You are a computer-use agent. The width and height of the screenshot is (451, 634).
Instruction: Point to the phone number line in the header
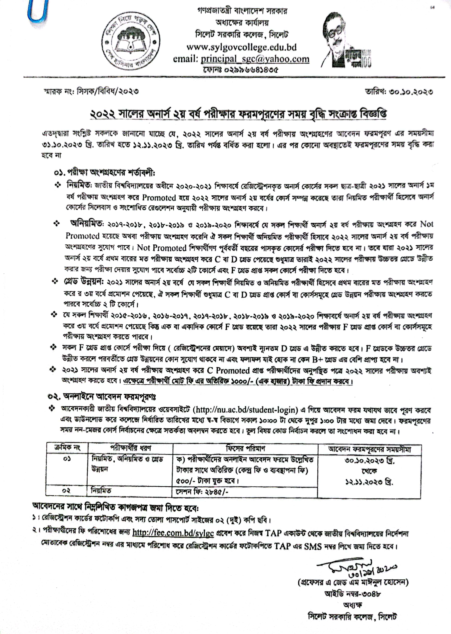241,70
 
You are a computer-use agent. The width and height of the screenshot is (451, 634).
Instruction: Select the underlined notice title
238,114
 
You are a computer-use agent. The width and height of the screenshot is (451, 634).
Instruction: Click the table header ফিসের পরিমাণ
245,448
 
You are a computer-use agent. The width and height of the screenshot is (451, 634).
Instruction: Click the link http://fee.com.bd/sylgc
173,533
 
